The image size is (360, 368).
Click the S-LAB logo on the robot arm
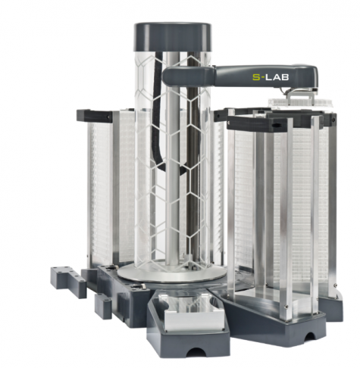click(269, 76)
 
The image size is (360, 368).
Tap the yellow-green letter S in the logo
click(255, 76)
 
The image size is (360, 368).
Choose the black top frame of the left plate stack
click(95, 116)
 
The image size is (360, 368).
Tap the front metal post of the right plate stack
click(287, 220)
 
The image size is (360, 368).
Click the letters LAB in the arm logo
click(275, 76)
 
